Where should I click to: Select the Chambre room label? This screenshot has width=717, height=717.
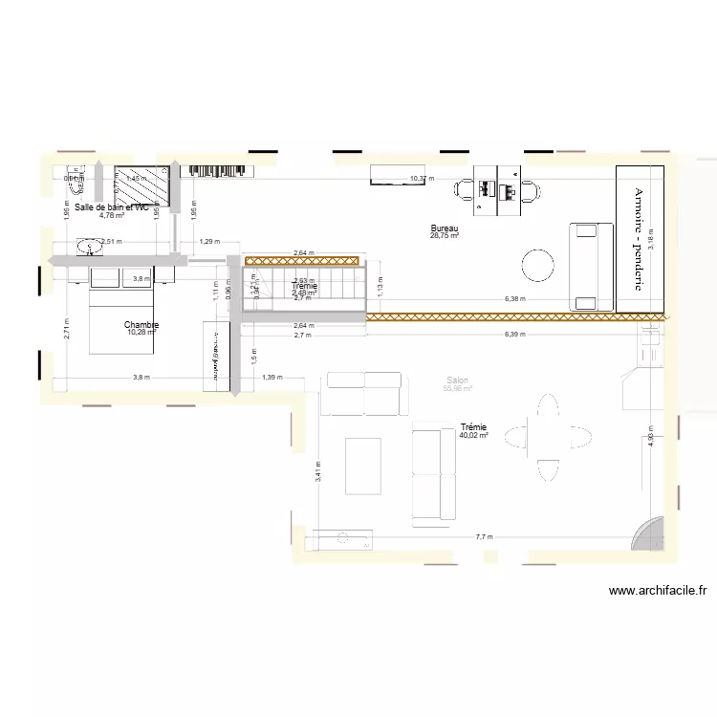141,325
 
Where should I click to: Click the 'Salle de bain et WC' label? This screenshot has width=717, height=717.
112,206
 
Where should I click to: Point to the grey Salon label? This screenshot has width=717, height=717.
458,380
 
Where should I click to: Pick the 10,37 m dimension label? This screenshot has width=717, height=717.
421,179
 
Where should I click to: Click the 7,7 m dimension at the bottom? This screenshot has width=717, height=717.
485,537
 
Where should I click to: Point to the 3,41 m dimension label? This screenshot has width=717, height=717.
318,471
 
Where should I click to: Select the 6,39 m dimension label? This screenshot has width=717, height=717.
514,335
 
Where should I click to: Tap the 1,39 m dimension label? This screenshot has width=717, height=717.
272,379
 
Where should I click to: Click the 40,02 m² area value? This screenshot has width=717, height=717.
473,435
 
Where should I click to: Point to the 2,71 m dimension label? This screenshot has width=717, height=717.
64,330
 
